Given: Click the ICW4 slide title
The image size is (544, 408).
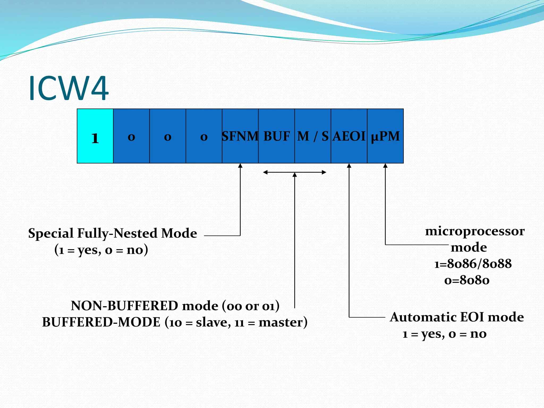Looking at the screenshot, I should click(69, 88).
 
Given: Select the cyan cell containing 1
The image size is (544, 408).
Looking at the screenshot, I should click(95, 136).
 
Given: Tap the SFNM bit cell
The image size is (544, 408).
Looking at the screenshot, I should click(240, 136).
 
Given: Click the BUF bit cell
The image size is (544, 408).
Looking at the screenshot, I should click(276, 136).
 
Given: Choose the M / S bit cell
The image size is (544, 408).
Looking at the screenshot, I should click(313, 136).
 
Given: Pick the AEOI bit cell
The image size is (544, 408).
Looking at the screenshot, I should click(349, 136).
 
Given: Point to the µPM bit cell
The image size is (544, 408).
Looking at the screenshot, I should click(385, 136).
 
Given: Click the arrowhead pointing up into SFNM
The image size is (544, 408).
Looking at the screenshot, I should click(240, 166).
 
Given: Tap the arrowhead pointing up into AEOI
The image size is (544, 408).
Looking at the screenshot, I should click(349, 166).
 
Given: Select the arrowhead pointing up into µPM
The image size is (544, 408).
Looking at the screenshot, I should click(385, 166).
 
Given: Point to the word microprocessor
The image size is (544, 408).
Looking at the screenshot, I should click(475, 231).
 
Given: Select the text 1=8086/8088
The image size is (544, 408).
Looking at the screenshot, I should click(473, 264).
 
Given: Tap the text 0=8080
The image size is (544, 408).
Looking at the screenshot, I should click(467, 280).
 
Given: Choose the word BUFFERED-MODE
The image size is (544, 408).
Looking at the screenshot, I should click(101, 322).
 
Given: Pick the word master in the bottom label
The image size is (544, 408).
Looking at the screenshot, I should click(281, 322).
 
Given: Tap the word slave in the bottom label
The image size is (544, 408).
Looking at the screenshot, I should click(212, 322).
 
